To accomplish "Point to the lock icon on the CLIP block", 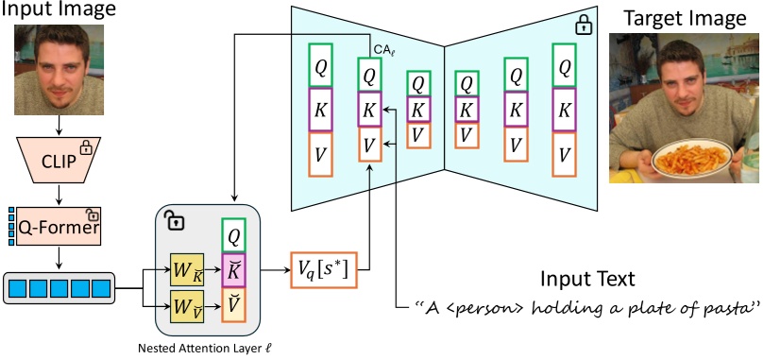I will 87,147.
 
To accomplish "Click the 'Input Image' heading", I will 59,11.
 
